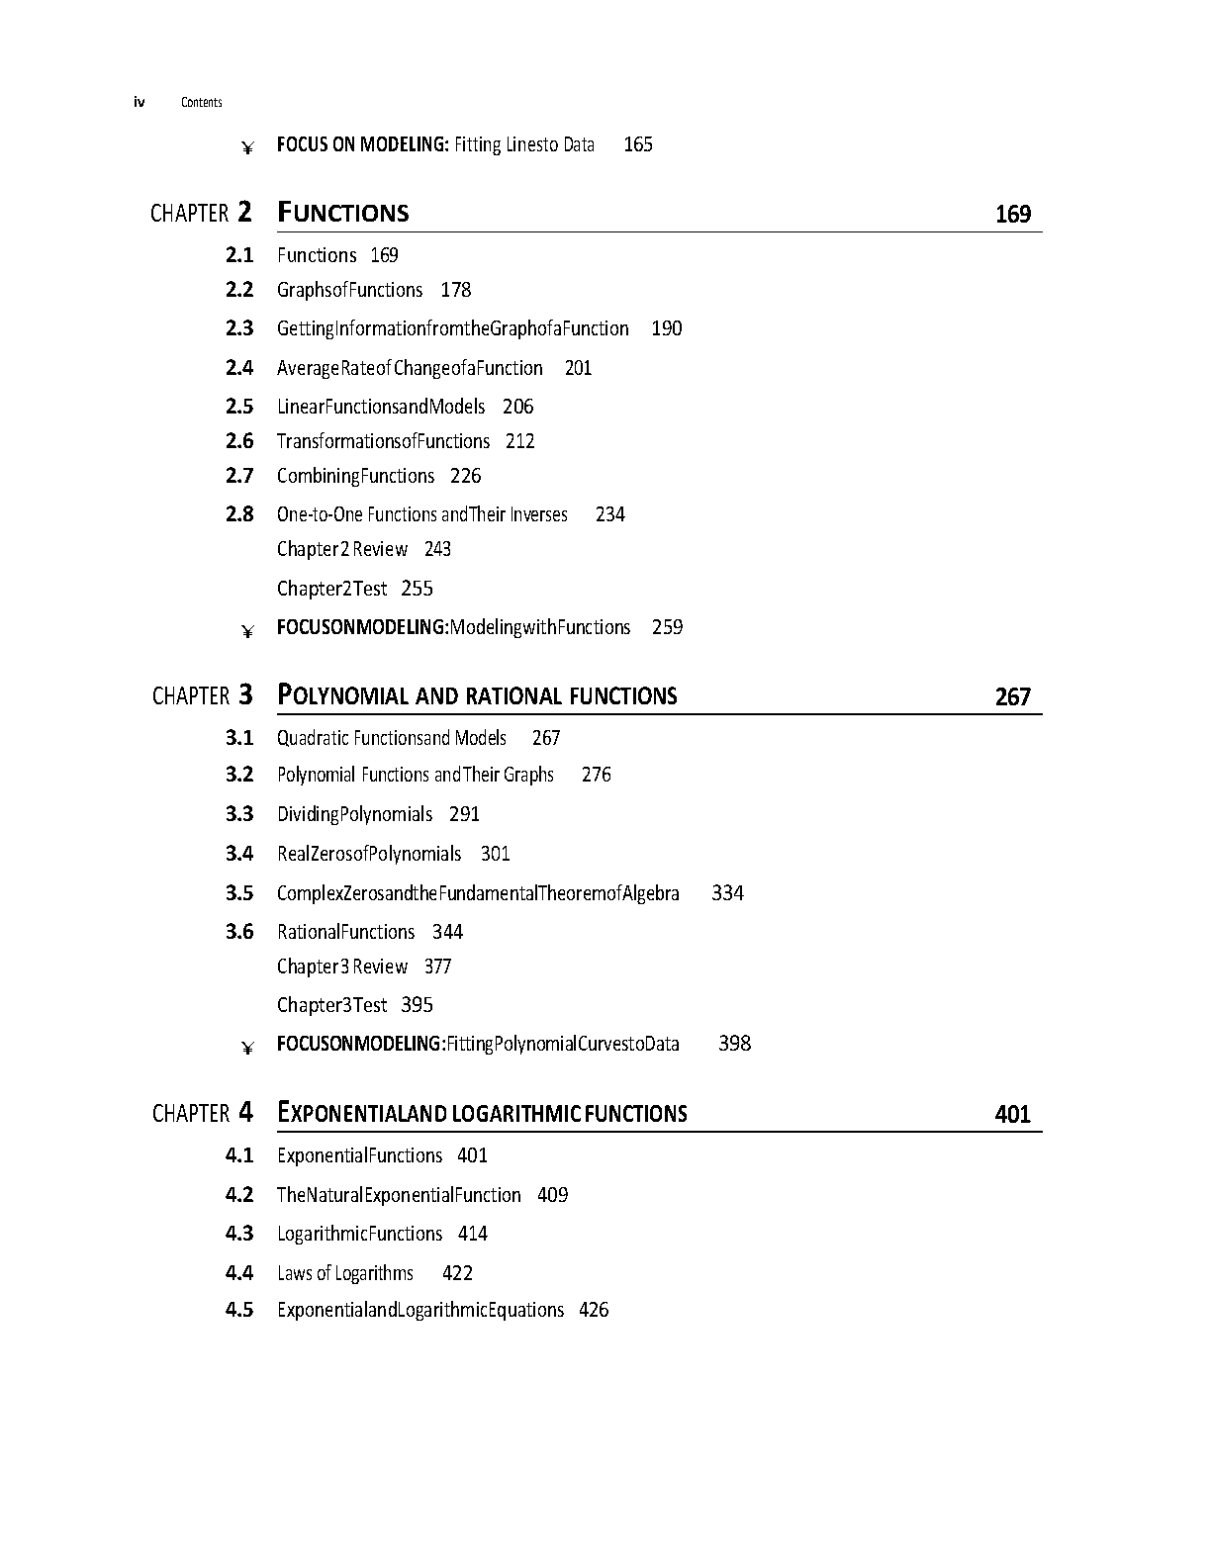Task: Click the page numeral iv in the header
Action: pos(140,102)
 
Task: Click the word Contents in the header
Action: pos(202,103)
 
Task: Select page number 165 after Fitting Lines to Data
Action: pos(638,145)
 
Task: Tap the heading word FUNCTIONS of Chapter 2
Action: pos(343,214)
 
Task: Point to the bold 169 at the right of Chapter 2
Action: pos(1012,215)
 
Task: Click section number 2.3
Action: pos(239,328)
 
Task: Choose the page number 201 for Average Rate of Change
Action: pos(578,368)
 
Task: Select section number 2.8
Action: pos(239,514)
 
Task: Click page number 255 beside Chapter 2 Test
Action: pos(417,589)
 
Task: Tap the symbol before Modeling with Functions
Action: pos(247,630)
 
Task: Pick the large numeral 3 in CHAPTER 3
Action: pos(245,695)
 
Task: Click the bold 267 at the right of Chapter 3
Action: pos(1012,697)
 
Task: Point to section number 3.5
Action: pos(239,893)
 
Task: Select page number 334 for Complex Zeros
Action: pos(727,893)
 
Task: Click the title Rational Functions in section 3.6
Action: pos(345,932)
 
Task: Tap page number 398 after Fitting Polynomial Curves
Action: pos(734,1044)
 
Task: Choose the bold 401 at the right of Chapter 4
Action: pos(1012,1115)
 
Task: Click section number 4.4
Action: pos(239,1273)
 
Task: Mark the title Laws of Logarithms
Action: pos(345,1273)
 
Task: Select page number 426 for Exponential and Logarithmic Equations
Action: pos(594,1310)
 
